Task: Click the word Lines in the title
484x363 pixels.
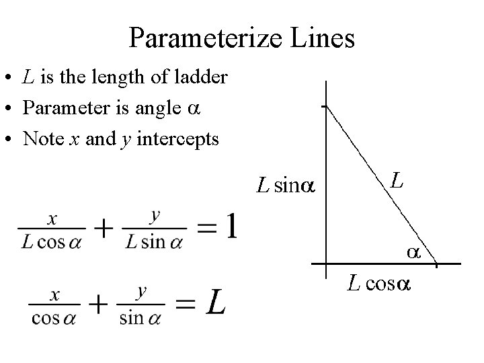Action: pos(321,38)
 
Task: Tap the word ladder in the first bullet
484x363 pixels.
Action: pos(201,77)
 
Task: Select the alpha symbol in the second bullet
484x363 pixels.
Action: pos(194,108)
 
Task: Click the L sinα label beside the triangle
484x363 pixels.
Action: pos(285,186)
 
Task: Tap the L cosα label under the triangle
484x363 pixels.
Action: pos(378,284)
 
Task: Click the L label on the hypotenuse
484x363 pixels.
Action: pos(397,180)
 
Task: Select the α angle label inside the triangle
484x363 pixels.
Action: pos(412,252)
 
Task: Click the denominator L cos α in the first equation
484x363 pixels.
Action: pos(50,243)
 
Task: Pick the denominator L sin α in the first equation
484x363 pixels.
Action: pos(155,243)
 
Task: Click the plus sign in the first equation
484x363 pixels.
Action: pos(103,229)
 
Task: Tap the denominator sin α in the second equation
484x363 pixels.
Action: pos(141,318)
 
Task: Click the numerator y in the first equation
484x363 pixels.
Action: pos(155,216)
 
